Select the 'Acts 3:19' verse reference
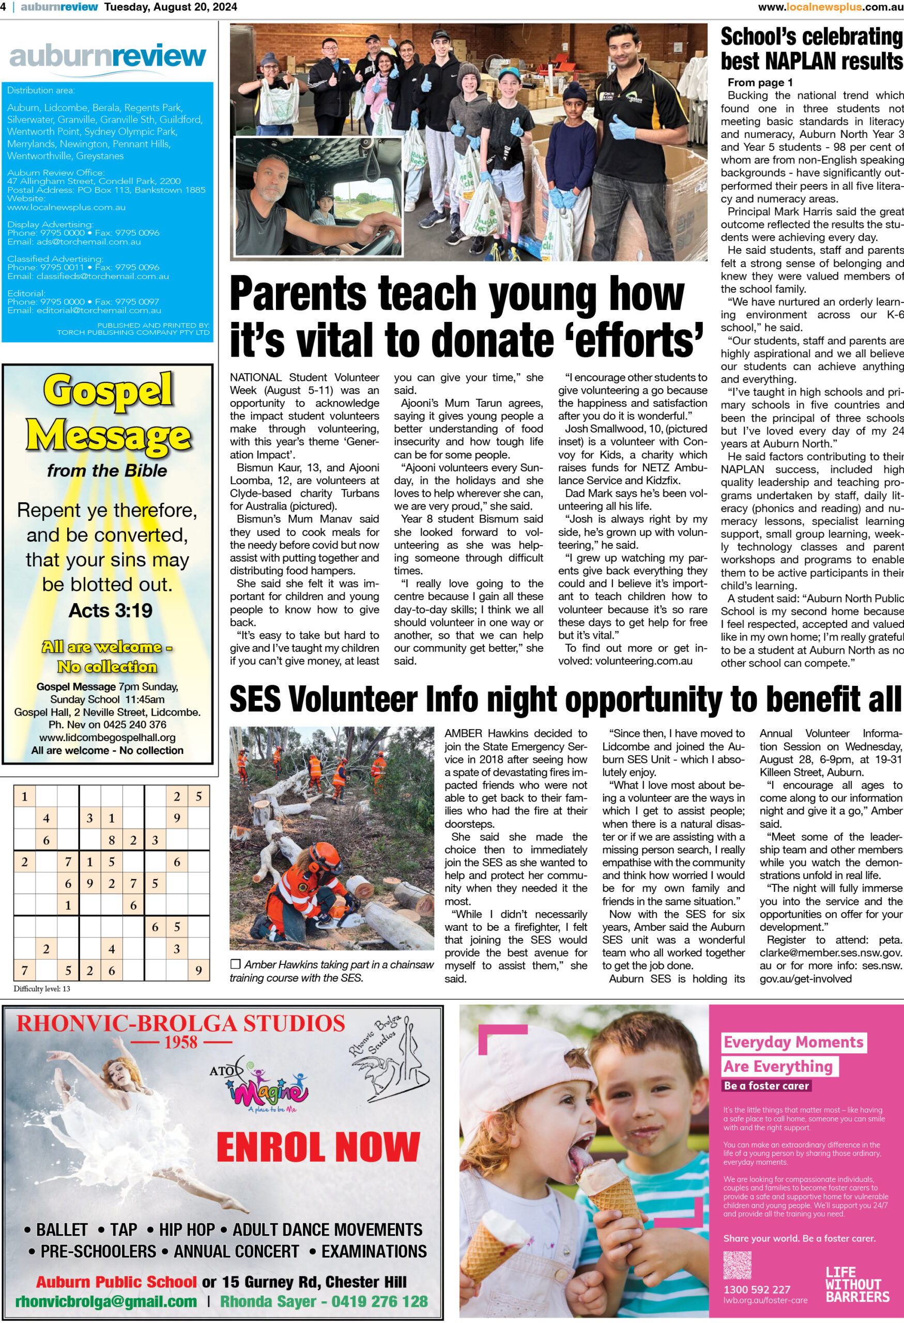click(111, 611)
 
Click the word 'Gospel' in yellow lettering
click(108, 391)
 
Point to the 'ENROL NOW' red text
click(318, 1147)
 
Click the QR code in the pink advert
click(737, 1265)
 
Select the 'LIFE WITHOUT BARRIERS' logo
click(857, 1284)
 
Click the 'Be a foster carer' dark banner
click(766, 1086)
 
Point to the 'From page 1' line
click(760, 83)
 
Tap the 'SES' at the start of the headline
click(256, 699)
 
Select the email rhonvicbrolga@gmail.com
click(106, 1302)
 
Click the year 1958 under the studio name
click(181, 1043)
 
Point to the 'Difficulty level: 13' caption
click(42, 989)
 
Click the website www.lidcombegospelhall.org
click(108, 738)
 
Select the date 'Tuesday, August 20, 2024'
click(171, 7)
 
